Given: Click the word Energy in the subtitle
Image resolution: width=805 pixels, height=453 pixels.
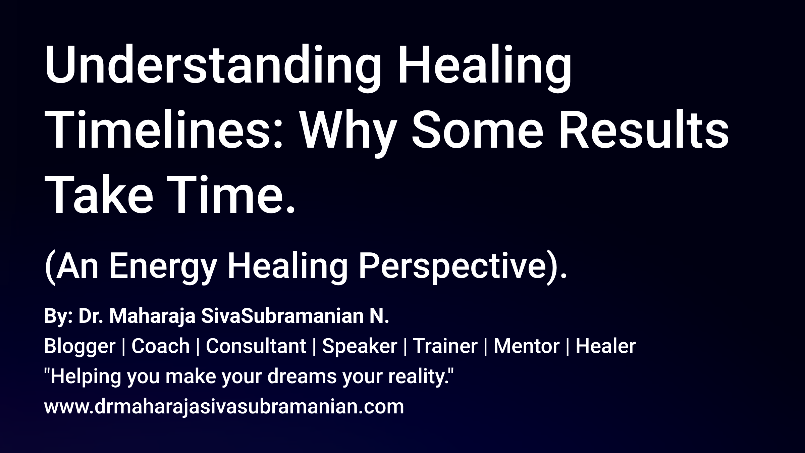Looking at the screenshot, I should click(x=163, y=267).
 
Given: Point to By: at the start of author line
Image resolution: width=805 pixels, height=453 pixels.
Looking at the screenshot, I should click(x=58, y=316).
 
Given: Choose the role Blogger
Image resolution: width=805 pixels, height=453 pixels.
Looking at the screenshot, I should click(x=80, y=347).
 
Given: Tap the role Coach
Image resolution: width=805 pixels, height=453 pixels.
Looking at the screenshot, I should click(x=160, y=347).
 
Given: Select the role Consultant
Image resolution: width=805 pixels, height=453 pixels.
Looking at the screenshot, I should click(x=256, y=347).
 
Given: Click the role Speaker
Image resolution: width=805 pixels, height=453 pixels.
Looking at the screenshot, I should click(x=359, y=347).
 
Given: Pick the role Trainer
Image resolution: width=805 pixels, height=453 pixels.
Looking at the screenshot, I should click(x=445, y=347).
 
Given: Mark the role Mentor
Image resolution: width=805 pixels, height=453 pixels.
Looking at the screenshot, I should click(x=526, y=347).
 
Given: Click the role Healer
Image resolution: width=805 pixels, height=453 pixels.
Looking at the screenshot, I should click(x=605, y=347).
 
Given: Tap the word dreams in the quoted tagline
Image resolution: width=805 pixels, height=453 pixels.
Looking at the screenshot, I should click(x=302, y=376).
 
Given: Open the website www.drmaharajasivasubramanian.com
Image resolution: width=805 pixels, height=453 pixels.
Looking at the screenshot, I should click(x=224, y=407).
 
